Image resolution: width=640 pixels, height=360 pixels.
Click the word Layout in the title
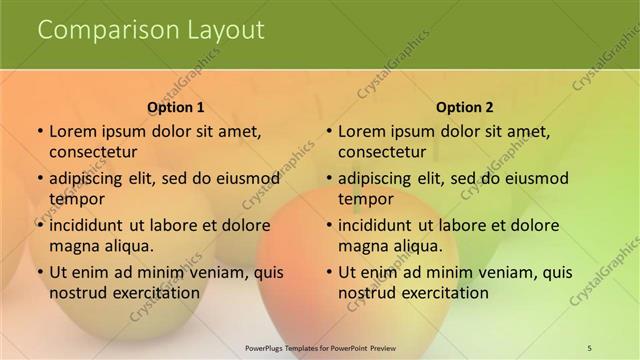pos(226,31)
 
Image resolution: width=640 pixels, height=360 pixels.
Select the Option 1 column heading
pos(176,107)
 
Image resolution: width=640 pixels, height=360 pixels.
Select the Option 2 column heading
pos(465,107)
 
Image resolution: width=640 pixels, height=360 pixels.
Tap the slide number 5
pos(589,347)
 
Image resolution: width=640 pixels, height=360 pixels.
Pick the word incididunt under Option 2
pos(381,225)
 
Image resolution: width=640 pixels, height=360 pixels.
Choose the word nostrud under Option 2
pos(366,292)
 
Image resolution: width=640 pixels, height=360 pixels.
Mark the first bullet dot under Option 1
pos(40,131)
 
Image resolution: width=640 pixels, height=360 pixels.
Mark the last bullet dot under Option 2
pos(329,272)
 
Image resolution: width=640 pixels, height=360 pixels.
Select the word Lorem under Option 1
pos(71,131)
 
